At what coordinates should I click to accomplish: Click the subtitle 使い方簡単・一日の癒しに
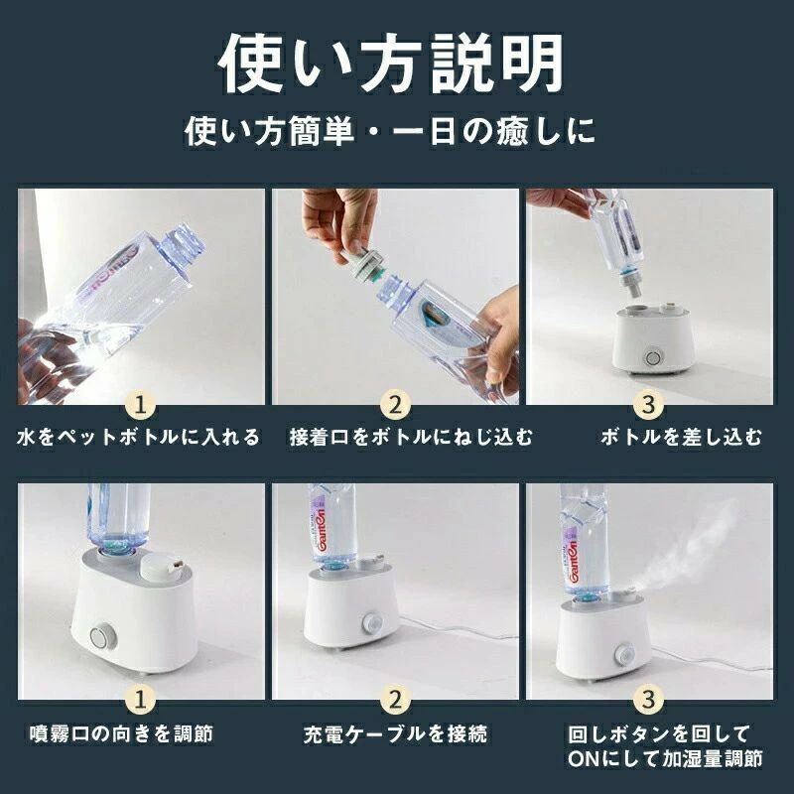pyautogui.click(x=389, y=131)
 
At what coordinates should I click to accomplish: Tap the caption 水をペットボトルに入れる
pyautogui.click(x=138, y=437)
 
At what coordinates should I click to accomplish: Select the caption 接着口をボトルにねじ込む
pyautogui.click(x=411, y=437)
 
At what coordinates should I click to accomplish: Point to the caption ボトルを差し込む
pyautogui.click(x=681, y=437)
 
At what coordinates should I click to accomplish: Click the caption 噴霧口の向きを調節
pyautogui.click(x=121, y=733)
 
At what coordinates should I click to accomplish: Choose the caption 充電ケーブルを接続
pyautogui.click(x=395, y=733)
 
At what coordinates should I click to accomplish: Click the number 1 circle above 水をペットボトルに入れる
pyautogui.click(x=141, y=405)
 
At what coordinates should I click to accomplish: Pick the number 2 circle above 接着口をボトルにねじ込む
pyautogui.click(x=395, y=405)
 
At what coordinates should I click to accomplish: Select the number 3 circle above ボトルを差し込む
pyautogui.click(x=649, y=405)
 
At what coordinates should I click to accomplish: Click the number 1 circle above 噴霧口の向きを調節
pyautogui.click(x=141, y=700)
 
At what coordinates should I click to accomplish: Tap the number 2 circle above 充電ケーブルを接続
pyautogui.click(x=395, y=700)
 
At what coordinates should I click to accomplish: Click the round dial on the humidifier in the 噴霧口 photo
pyautogui.click(x=101, y=636)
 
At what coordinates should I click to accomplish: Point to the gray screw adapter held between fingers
pyautogui.click(x=364, y=262)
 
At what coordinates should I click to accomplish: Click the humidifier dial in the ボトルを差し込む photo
pyautogui.click(x=653, y=357)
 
